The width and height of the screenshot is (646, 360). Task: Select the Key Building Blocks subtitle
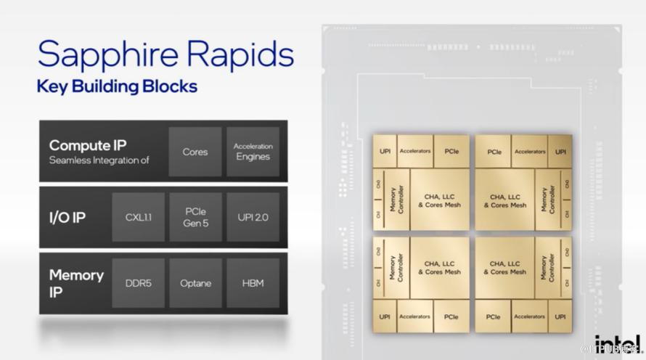[x=116, y=86]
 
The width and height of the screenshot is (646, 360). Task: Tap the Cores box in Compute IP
[x=195, y=152]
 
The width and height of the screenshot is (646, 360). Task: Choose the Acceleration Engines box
[x=253, y=152]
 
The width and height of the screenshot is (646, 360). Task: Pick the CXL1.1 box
[x=138, y=217]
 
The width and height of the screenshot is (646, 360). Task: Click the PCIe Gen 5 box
[x=195, y=217]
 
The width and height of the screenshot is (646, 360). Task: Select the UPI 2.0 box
[x=253, y=217]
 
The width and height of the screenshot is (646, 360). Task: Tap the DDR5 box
[x=138, y=282]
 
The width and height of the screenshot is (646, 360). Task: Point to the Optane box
[x=195, y=282]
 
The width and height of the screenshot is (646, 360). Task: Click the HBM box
[x=253, y=282]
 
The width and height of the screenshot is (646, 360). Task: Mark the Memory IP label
[x=76, y=282]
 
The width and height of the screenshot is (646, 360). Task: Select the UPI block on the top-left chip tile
[x=385, y=152]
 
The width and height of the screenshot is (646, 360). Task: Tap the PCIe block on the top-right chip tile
[x=494, y=152]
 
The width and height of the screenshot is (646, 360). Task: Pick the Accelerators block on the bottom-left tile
[x=415, y=316]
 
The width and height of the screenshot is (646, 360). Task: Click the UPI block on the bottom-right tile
[x=560, y=316]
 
